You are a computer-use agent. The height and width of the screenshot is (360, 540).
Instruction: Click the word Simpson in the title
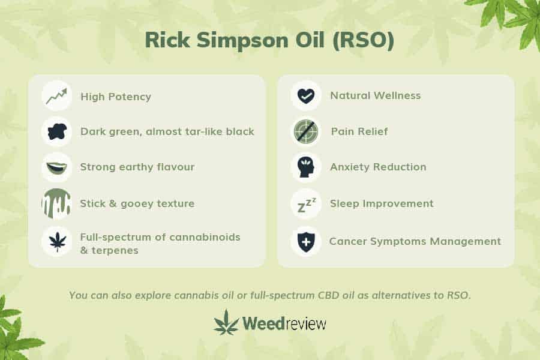pos(242,41)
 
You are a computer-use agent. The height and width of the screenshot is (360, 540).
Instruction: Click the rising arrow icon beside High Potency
pos(57,96)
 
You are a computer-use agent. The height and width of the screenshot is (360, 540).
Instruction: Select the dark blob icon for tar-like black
pos(57,131)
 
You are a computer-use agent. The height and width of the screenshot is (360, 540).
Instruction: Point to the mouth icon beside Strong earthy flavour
pos(57,168)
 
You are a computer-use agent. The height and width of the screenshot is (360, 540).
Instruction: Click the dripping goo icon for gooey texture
pos(56,203)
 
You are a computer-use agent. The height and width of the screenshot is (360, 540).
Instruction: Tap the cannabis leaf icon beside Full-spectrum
pos(57,241)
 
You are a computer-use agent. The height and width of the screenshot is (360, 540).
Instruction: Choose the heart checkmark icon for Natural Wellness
pos(306,96)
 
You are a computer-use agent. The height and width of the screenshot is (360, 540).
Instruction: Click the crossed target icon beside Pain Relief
pos(306,131)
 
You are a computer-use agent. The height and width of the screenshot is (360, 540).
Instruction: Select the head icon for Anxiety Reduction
pos(306,167)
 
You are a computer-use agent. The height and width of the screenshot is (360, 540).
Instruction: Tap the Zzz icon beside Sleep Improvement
pos(306,205)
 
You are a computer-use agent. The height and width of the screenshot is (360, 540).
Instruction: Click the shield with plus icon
pos(306,241)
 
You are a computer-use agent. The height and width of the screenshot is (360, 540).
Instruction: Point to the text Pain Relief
pos(359,131)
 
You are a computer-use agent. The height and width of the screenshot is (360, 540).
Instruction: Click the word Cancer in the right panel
pos(348,241)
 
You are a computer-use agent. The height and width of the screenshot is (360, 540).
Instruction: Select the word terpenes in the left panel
pos(115,250)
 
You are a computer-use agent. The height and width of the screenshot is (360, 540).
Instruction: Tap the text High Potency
pos(116,97)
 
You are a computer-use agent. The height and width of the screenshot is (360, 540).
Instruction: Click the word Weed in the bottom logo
pos(263,323)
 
